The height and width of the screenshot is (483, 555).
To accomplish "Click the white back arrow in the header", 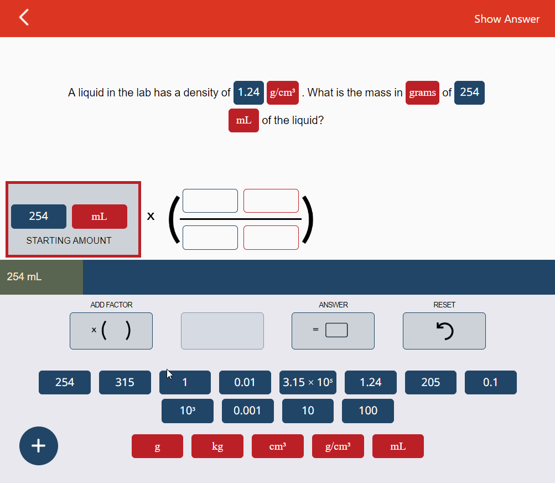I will point(24,18).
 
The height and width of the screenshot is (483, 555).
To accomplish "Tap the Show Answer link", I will point(506,19).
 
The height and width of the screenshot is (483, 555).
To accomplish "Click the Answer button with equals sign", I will point(333,331).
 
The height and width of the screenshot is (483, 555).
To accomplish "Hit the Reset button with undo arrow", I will point(444,331).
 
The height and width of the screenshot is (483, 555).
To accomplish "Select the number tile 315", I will point(125,382).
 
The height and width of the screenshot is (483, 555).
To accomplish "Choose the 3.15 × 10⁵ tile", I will point(308,382).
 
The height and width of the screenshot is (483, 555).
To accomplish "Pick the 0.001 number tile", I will point(247,410).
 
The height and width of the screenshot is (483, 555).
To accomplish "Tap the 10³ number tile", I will point(188,410).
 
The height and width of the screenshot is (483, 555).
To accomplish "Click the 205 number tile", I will point(430,382).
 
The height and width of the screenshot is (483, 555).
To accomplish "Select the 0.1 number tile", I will point(490,382).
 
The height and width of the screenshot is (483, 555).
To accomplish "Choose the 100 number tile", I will point(368,410).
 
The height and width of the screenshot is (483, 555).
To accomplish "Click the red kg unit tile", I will point(217,446).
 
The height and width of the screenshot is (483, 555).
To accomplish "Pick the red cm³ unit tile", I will point(278,446).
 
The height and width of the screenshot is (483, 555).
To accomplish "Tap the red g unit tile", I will point(157,446).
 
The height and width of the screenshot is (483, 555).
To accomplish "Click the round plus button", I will point(38,445).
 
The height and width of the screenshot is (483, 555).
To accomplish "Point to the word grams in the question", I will point(422,93).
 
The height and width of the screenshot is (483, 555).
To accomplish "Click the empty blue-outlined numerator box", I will point(210,201).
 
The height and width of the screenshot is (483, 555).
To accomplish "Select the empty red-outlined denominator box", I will point(271,238).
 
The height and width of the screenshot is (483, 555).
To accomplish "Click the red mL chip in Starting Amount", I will point(100,217).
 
